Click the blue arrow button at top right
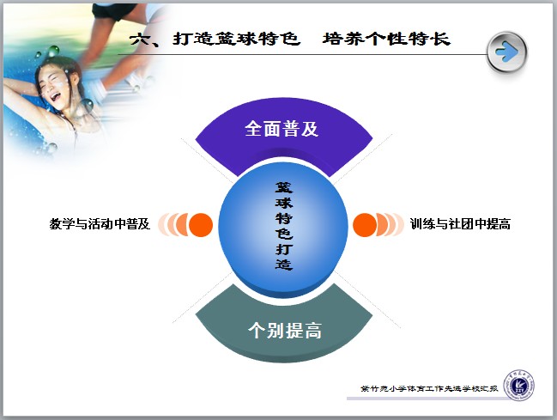click(507, 52)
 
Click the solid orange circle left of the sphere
click(201, 225)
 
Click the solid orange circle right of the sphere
click(365, 225)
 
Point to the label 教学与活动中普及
click(100, 224)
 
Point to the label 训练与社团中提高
click(460, 224)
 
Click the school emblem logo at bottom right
click(519, 386)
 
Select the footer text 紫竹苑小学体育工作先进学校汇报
click(429, 388)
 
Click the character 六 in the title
click(139, 40)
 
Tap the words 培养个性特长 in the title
click(386, 39)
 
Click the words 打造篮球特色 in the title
click(237, 39)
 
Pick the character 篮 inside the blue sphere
click(284, 187)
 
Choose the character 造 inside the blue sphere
click(284, 265)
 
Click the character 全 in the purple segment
click(254, 128)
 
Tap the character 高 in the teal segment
click(313, 331)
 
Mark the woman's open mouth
click(56, 96)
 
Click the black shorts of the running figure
click(113, 10)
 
